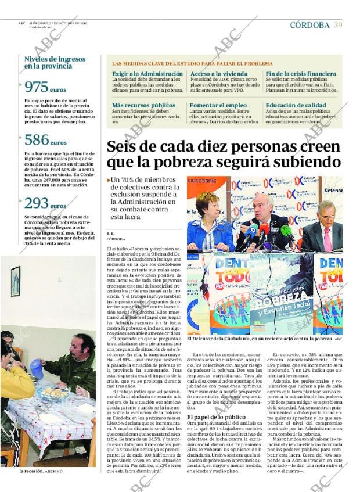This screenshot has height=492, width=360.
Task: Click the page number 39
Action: pyautogui.click(x=338, y=25)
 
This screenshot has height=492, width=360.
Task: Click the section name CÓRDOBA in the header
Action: pyautogui.click(x=309, y=25)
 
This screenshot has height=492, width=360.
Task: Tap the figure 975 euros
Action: pyautogui.click(x=46, y=88)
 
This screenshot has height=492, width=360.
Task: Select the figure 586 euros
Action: pyautogui.click(x=46, y=141)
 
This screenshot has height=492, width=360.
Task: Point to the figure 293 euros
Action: pyautogui.click(x=46, y=204)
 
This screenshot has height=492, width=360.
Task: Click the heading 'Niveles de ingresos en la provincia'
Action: pyautogui.click(x=55, y=63)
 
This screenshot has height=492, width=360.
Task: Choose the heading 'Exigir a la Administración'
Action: pyautogui.click(x=147, y=74)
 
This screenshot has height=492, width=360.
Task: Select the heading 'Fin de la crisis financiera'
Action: pyautogui.click(x=301, y=74)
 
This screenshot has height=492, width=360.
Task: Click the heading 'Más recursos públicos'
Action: pyautogui.click(x=143, y=105)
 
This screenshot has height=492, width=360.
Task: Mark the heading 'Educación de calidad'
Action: pyautogui.click(x=296, y=105)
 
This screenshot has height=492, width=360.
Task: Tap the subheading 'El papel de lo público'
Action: pyautogui.click(x=216, y=417)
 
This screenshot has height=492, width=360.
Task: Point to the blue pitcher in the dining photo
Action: pyautogui.click(x=36, y=367)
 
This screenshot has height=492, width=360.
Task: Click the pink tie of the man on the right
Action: pyautogui.click(x=327, y=238)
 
